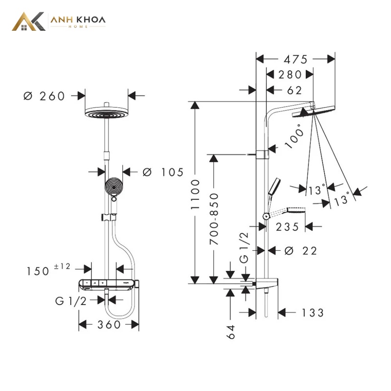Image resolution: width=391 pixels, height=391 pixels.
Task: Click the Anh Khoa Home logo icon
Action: [x=29, y=22]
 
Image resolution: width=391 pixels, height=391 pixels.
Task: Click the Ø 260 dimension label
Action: [x=44, y=96]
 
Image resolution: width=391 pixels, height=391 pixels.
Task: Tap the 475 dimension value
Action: [x=296, y=59]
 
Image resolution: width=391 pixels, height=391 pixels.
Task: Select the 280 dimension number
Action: [x=290, y=75]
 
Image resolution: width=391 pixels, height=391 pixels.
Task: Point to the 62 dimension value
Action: [x=295, y=90]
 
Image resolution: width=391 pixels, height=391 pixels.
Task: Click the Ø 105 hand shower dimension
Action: [x=163, y=172]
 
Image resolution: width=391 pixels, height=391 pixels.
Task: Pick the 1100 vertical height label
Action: [x=195, y=194]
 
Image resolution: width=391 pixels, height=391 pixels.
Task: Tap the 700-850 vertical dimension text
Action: [x=214, y=218]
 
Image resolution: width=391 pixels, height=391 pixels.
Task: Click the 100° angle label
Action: [x=295, y=136]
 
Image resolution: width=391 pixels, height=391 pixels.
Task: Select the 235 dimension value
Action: [x=287, y=227]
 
